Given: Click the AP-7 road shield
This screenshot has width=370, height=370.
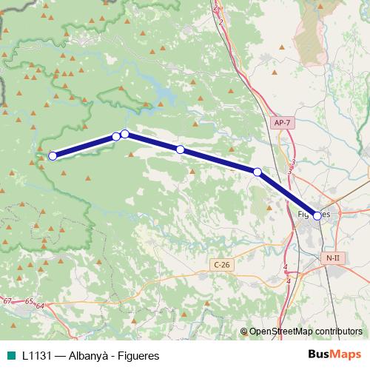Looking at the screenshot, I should click(x=282, y=123).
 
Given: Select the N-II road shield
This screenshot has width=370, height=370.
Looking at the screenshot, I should click(x=332, y=257).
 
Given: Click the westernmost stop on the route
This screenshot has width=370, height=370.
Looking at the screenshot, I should click(x=53, y=155).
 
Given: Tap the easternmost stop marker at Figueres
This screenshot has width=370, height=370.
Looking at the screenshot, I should click(x=317, y=216).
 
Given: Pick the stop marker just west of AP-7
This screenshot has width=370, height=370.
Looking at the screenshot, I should click(x=258, y=172).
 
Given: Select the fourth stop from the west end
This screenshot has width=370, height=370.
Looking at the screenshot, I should click(x=180, y=149).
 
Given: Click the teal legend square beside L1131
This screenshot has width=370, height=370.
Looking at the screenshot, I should click(x=10, y=355).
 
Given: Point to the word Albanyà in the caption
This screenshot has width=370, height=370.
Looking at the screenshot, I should click(x=90, y=355).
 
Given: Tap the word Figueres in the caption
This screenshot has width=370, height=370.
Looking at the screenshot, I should click(x=136, y=355).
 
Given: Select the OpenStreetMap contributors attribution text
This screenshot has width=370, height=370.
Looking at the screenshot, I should click(x=306, y=332).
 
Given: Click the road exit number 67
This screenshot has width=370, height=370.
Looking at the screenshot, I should click(x=7, y=301).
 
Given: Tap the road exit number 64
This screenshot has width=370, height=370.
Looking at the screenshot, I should click(x=40, y=306).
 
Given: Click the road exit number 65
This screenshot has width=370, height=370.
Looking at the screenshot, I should click(x=29, y=302).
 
